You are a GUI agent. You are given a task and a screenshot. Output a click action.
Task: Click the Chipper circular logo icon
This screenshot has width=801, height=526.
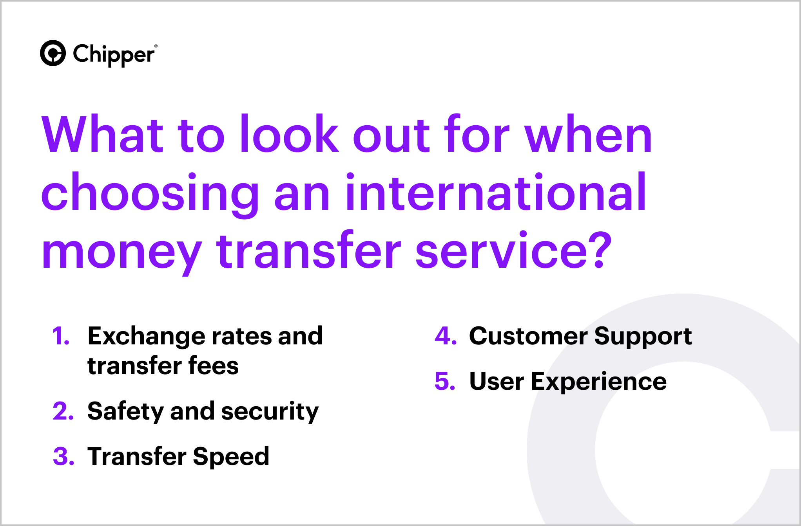click(x=53, y=53)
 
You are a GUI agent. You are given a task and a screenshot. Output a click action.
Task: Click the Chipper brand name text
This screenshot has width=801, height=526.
click(x=113, y=55)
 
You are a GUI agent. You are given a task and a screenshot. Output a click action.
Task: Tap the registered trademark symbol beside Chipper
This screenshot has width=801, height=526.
click(x=156, y=46)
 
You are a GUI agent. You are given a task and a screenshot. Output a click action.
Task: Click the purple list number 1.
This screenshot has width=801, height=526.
click(x=60, y=336)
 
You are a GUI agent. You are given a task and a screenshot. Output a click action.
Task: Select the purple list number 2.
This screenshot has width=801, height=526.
click(x=63, y=411)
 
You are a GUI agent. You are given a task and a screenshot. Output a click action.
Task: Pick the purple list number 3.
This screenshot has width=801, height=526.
click(x=63, y=457)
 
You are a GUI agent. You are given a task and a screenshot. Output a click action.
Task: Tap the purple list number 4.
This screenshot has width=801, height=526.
click(x=445, y=336)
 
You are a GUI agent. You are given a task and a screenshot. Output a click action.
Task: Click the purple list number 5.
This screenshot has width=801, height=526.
click(x=445, y=382)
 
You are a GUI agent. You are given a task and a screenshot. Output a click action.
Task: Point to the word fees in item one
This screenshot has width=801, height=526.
click(x=213, y=366)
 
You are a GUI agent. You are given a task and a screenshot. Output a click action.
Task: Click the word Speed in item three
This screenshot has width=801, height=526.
click(x=231, y=457)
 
